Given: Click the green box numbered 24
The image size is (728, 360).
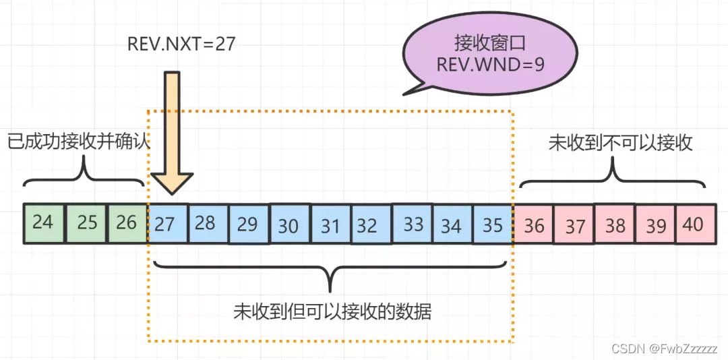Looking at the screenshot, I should point(43,222).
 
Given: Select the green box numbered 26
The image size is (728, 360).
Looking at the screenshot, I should point(127,222).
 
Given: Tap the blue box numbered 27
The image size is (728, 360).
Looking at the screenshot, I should point(166,223).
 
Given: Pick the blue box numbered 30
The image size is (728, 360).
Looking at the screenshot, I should point(289,224).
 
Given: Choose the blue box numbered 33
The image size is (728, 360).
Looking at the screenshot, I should point(412,224).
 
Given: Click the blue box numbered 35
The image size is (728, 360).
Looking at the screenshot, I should point(493,224).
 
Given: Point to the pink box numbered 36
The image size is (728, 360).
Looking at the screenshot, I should point(533,224).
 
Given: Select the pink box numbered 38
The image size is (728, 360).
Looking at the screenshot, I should point(615,224).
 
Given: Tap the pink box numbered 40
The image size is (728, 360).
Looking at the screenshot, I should point(694,224).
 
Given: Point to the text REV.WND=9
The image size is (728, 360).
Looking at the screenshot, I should point(490,65).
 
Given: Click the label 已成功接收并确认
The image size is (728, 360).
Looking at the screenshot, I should point(78,142).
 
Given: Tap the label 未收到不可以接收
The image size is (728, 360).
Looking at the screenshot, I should point(620,142).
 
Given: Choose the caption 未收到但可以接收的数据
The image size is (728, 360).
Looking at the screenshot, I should point(332,311).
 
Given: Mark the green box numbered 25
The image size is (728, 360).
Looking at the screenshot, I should point(86,222).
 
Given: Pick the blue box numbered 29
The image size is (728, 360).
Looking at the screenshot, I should point(248,224).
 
